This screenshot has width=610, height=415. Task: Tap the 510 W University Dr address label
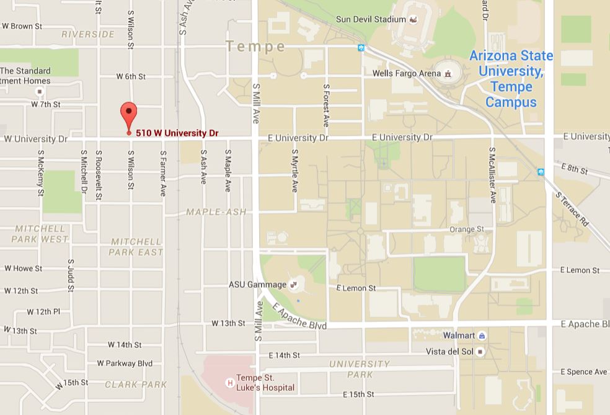pos(177,133)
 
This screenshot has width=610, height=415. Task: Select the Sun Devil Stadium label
pos(371,19)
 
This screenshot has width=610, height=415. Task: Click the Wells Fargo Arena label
pos(406,73)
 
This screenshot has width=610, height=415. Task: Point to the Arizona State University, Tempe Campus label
pos(511,79)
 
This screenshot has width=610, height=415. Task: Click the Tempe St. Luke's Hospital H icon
pos(230,383)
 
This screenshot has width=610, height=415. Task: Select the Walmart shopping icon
pos(482,336)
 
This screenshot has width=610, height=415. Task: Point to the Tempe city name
pos(255,47)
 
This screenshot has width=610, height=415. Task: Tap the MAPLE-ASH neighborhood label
pos(216,212)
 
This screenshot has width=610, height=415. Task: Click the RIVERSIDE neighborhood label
pos(87,34)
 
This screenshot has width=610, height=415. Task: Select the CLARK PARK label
pos(136,385)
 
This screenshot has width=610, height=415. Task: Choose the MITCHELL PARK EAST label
pos(136,247)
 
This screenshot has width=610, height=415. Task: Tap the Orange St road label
pos(466,229)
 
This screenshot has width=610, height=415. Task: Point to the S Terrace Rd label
pos(571,208)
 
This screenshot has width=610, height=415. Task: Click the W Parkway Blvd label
pos(125,364)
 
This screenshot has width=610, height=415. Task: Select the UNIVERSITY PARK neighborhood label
pos(360,369)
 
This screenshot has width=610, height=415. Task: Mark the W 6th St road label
pos(131,76)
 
